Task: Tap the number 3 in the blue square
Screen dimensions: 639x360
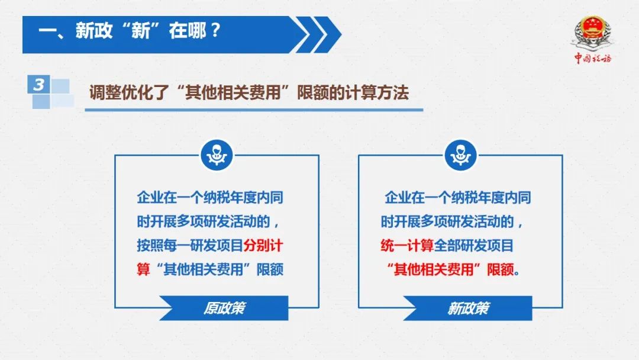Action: coord(38,85)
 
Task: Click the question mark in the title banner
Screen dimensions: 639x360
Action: coord(216,30)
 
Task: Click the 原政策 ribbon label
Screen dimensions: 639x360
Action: coord(224,308)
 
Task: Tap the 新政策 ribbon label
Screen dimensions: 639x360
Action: coord(468,308)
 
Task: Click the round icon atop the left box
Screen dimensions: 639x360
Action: coord(217,155)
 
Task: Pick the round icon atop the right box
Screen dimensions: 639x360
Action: coord(460,155)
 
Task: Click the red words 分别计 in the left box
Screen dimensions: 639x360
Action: coord(263,246)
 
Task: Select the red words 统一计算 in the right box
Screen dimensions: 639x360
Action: coord(407,246)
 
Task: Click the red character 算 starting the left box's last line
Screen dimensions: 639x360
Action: coord(143,269)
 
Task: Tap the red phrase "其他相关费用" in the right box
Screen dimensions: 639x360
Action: coord(434,269)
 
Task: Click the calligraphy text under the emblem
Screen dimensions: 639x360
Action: coord(593,58)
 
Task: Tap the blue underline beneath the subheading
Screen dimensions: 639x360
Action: coord(254,110)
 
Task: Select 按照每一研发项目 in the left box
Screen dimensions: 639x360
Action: coord(190,246)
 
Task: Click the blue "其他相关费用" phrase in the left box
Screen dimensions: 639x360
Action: coord(204,269)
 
